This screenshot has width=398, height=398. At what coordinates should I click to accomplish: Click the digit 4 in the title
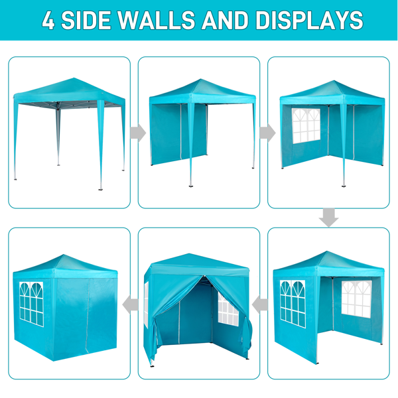click(x=48, y=21)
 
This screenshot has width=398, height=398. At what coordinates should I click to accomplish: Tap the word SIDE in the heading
click(x=86, y=21)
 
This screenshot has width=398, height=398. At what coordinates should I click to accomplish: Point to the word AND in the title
click(x=225, y=21)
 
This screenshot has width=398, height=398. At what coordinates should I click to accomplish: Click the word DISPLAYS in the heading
click(x=309, y=21)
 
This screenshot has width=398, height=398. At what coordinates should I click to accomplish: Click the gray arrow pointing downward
click(x=329, y=218)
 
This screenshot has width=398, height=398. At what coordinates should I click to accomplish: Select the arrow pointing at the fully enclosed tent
click(x=130, y=304)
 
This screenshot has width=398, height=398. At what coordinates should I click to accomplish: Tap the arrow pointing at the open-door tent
click(x=260, y=304)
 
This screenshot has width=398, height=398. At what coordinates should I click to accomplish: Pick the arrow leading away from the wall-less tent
click(x=138, y=133)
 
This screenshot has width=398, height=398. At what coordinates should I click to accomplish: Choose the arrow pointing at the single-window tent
click(x=267, y=133)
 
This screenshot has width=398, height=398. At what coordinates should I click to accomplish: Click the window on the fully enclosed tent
click(x=31, y=304)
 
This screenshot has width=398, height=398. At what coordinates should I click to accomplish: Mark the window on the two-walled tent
click(x=306, y=125)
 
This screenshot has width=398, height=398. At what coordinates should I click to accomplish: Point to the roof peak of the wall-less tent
click(x=74, y=78)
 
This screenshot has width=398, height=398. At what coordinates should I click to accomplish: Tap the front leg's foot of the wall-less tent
click(x=101, y=188)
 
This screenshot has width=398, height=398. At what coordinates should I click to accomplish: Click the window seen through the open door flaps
click(x=228, y=309)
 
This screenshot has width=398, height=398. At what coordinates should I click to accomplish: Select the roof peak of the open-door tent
click(x=188, y=254)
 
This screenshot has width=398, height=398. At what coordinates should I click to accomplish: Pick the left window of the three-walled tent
click(x=293, y=304)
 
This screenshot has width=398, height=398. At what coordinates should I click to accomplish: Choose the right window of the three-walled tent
click(x=356, y=299)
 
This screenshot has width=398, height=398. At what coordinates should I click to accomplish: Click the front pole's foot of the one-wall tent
click(x=190, y=186)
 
